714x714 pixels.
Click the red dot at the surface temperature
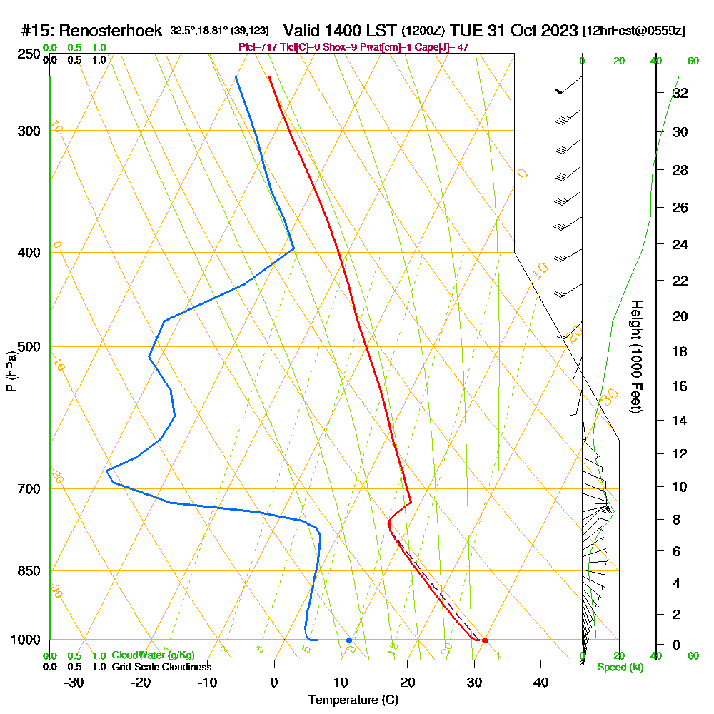(485, 640)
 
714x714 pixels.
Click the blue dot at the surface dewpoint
(349, 640)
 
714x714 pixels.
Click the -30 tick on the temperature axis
(74, 682)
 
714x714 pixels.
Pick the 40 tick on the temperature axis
(541, 682)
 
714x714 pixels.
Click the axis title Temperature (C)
(353, 700)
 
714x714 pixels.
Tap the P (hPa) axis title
(11, 371)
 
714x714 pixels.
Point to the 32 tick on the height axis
(680, 93)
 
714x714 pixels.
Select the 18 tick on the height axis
(680, 351)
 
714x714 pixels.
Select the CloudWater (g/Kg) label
(153, 655)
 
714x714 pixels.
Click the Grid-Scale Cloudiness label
(161, 667)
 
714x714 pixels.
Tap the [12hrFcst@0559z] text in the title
(634, 31)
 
